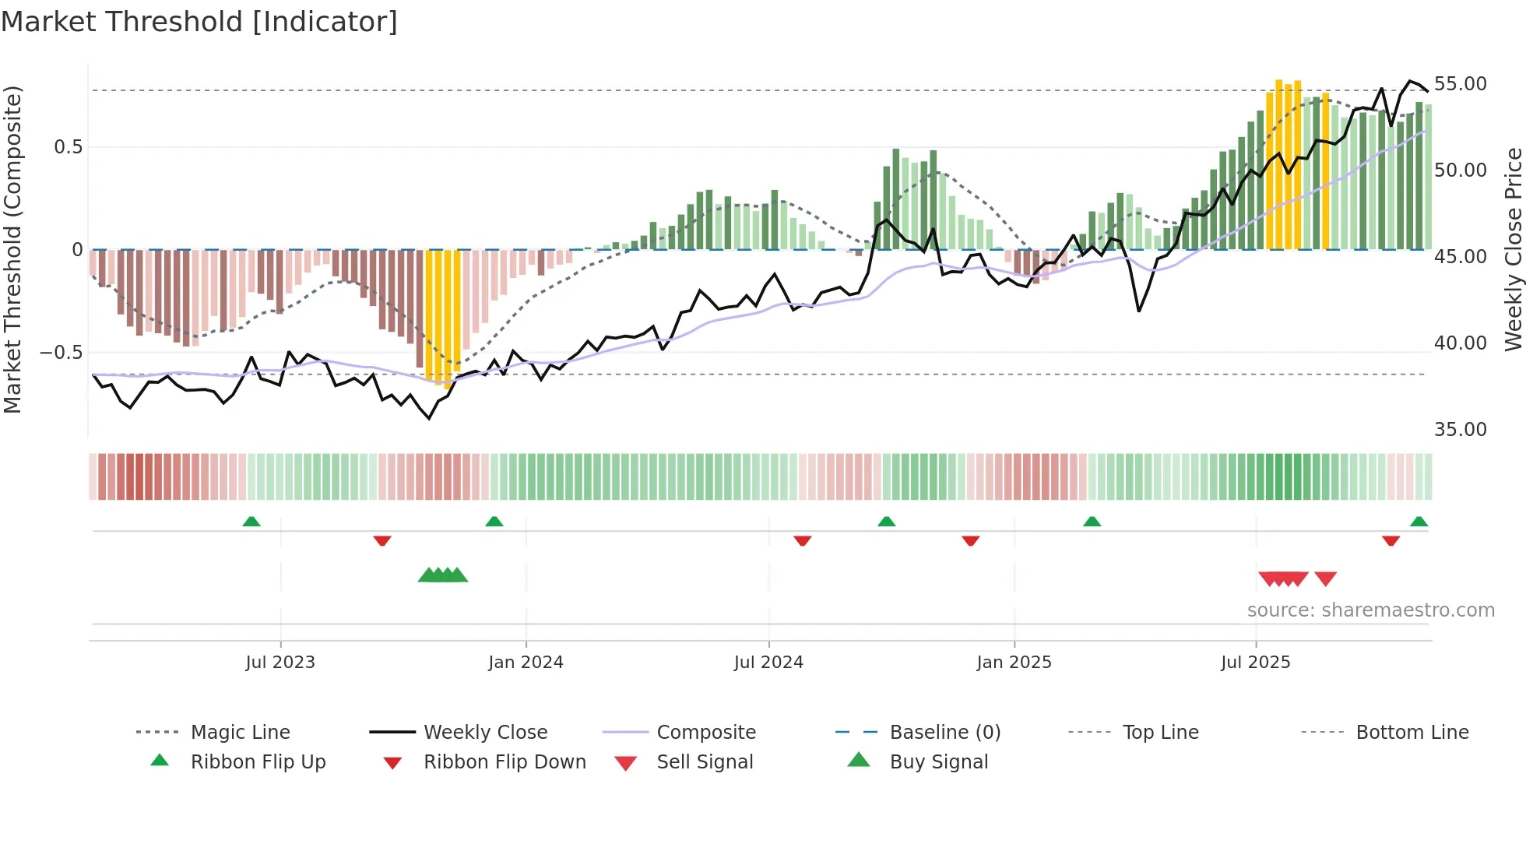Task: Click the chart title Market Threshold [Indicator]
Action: coord(199,22)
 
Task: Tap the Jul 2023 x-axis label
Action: coord(280,663)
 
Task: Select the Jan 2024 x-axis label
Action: coord(526,663)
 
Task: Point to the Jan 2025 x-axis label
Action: coord(1014,663)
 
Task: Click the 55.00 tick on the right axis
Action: coord(1460,84)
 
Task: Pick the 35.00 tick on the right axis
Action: coord(1460,430)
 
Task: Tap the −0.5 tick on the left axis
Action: coord(62,353)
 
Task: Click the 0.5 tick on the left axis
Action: coord(68,147)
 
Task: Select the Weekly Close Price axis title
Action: coord(1513,249)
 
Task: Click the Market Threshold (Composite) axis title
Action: coord(12,249)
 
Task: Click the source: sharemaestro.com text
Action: coord(1370,610)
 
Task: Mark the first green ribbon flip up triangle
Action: coord(251,522)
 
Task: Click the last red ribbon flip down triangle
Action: coord(1391,541)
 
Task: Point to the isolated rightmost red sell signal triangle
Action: coord(1325,578)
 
